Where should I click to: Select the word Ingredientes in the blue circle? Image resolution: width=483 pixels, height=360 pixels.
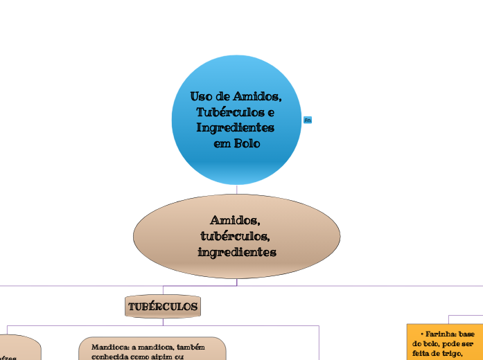[236, 128]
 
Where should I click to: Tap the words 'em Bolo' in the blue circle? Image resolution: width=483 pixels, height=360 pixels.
[236, 143]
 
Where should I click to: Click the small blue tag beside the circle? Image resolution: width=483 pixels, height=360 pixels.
[308, 120]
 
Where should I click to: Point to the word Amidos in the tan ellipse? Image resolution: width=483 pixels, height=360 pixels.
[235, 220]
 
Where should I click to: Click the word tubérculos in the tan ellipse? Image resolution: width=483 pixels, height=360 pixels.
[235, 236]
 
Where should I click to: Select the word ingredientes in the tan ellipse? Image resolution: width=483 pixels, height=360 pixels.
[236, 252]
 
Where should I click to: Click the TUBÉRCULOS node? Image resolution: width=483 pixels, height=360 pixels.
[163, 306]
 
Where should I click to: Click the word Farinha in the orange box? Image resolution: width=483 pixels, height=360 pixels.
[440, 333]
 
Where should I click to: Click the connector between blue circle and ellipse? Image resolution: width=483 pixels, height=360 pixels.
[236, 190]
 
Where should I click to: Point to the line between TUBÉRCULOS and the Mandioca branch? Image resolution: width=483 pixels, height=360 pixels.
[163, 321]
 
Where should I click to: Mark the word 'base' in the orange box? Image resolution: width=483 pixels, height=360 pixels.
[467, 333]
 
